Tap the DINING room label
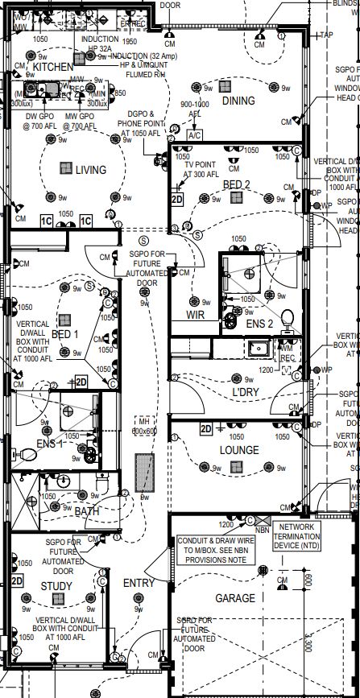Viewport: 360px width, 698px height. (x=238, y=101)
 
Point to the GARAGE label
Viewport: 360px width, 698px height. (x=235, y=598)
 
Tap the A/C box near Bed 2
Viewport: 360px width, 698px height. (x=195, y=136)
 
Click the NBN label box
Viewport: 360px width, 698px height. (x=262, y=531)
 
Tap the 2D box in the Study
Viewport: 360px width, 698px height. (x=17, y=580)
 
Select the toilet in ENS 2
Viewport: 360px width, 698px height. (x=287, y=316)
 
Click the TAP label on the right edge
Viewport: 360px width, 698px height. (x=326, y=35)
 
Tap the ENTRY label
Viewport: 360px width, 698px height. (x=139, y=583)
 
